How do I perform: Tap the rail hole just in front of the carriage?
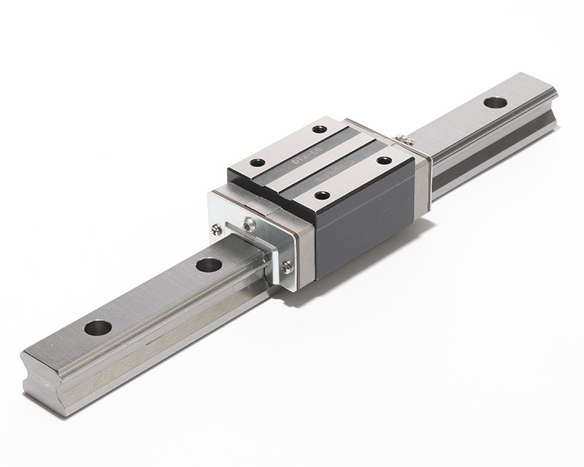pyautogui.click(x=209, y=263)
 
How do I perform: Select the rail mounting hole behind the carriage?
pyautogui.click(x=494, y=102)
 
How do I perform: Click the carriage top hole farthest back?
pyautogui.click(x=318, y=130)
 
